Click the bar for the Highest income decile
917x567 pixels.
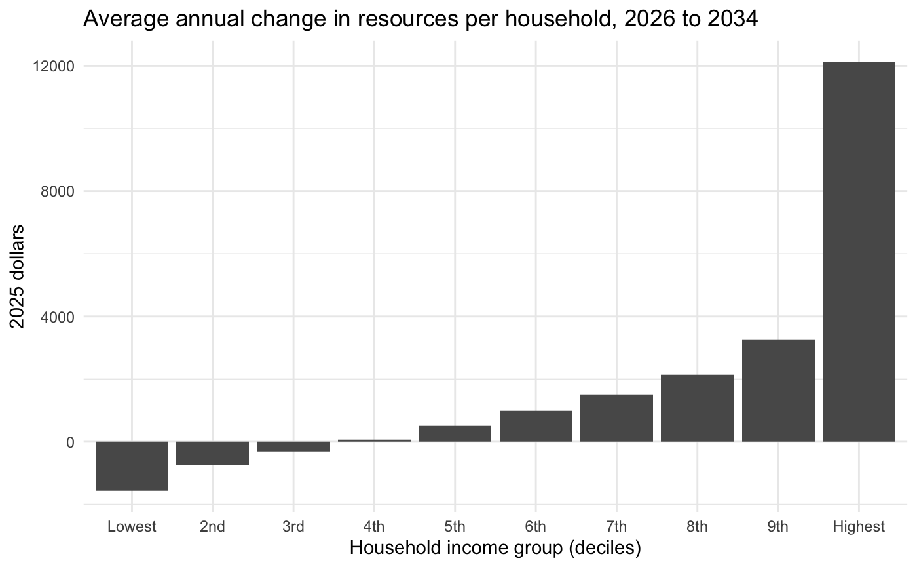(859, 252)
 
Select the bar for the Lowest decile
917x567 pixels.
(132, 466)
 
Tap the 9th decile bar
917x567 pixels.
(778, 391)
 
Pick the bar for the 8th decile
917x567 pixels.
(697, 408)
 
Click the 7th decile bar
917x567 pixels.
(616, 418)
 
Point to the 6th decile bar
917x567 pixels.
(536, 426)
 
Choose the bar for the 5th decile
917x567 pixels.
(455, 434)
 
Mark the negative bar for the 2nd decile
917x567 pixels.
(212, 454)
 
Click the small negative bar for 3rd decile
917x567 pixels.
(293, 446)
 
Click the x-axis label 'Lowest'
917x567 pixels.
(132, 526)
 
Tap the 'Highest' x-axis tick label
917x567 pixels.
(859, 526)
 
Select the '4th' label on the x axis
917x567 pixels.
(374, 526)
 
